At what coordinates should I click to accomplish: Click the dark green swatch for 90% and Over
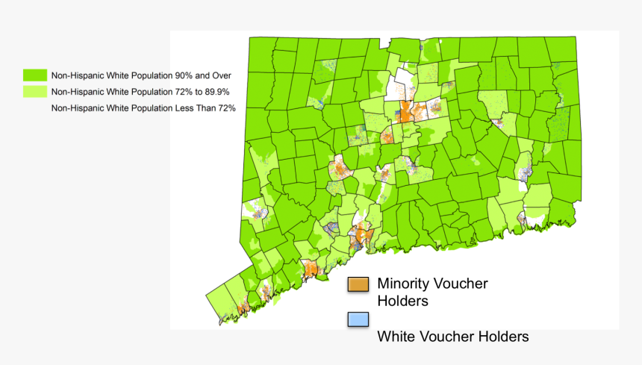pos(34,75)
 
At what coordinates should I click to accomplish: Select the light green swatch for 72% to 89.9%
pos(34,92)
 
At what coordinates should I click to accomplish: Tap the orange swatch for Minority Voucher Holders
pos(359,284)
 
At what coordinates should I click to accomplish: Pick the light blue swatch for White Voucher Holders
pos(359,319)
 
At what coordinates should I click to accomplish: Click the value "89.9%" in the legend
pos(213,92)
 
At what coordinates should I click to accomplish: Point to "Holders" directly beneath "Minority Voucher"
pos(402,302)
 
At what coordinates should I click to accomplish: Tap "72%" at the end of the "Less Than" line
pos(225,108)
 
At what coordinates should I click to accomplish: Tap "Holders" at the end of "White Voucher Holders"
pos(505,337)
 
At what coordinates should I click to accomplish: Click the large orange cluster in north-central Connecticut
pos(404,113)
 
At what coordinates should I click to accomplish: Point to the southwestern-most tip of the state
pos(220,322)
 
